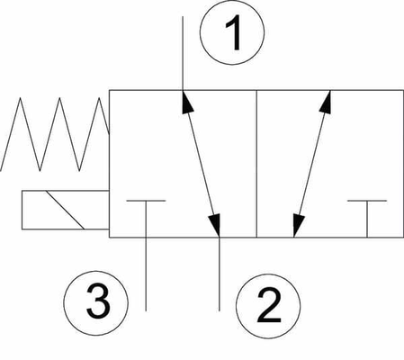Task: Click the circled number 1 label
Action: tap(232, 32)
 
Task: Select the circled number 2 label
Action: tap(268, 306)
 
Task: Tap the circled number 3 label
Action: tap(95, 303)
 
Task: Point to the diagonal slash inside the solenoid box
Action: tap(65, 210)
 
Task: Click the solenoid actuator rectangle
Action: tap(65, 210)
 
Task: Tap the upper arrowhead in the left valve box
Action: tap(187, 102)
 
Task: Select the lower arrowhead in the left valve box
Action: tap(215, 225)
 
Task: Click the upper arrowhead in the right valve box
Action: tap(326, 102)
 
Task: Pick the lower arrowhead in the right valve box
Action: tap(298, 225)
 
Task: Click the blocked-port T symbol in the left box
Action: tap(146, 219)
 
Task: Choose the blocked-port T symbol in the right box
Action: tap(367, 219)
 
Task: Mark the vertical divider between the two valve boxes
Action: tap(256, 164)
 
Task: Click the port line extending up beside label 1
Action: tap(183, 53)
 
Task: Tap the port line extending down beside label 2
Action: tap(220, 274)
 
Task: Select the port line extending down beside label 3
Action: tap(146, 274)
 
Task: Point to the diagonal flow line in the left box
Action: tap(202, 164)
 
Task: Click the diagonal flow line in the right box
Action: tap(312, 164)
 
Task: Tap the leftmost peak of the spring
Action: tap(20, 98)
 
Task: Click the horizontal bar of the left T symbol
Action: tap(146, 200)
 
